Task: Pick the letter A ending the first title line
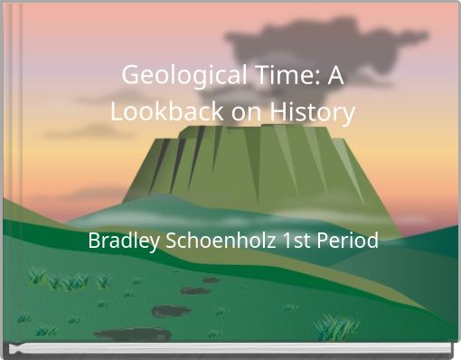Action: (335, 76)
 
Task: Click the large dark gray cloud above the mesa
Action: (325, 45)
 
